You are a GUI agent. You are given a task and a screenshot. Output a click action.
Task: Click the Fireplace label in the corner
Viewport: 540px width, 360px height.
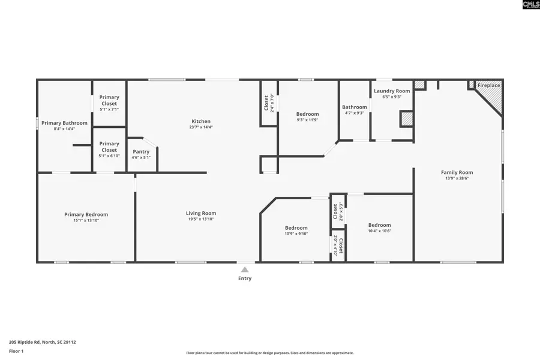(x=488, y=86)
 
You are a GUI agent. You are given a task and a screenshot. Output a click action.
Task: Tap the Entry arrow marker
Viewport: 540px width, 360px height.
(x=245, y=271)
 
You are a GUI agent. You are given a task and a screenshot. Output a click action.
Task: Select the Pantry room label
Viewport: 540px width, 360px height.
(x=142, y=152)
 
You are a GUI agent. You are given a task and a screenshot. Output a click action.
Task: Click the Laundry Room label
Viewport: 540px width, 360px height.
(x=392, y=91)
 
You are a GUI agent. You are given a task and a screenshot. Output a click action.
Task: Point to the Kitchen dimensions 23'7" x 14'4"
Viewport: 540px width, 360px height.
(x=202, y=127)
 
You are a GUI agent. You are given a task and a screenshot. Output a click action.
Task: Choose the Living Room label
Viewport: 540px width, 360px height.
(x=201, y=213)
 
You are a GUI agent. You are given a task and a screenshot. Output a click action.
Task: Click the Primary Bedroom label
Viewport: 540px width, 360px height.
(x=86, y=214)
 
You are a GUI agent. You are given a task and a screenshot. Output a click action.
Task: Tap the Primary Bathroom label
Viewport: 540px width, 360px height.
(x=63, y=123)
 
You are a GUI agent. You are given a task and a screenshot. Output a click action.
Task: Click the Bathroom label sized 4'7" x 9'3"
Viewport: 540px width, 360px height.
(x=355, y=107)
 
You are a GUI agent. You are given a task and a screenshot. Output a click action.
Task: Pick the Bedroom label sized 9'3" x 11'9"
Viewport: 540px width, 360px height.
(x=308, y=114)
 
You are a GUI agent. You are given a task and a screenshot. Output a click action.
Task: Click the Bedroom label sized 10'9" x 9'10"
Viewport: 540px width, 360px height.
(x=296, y=228)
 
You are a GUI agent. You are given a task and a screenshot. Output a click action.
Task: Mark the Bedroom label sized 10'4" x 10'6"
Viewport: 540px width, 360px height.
(x=379, y=225)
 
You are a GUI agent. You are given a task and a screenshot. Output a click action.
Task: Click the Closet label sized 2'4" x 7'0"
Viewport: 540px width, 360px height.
(x=267, y=103)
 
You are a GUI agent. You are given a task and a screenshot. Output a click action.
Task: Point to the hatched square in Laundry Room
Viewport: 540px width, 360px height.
(x=407, y=118)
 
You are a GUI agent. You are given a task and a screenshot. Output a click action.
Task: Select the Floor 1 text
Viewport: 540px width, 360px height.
(x=17, y=350)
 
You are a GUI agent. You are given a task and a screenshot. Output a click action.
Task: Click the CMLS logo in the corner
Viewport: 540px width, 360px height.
(x=530, y=5)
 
